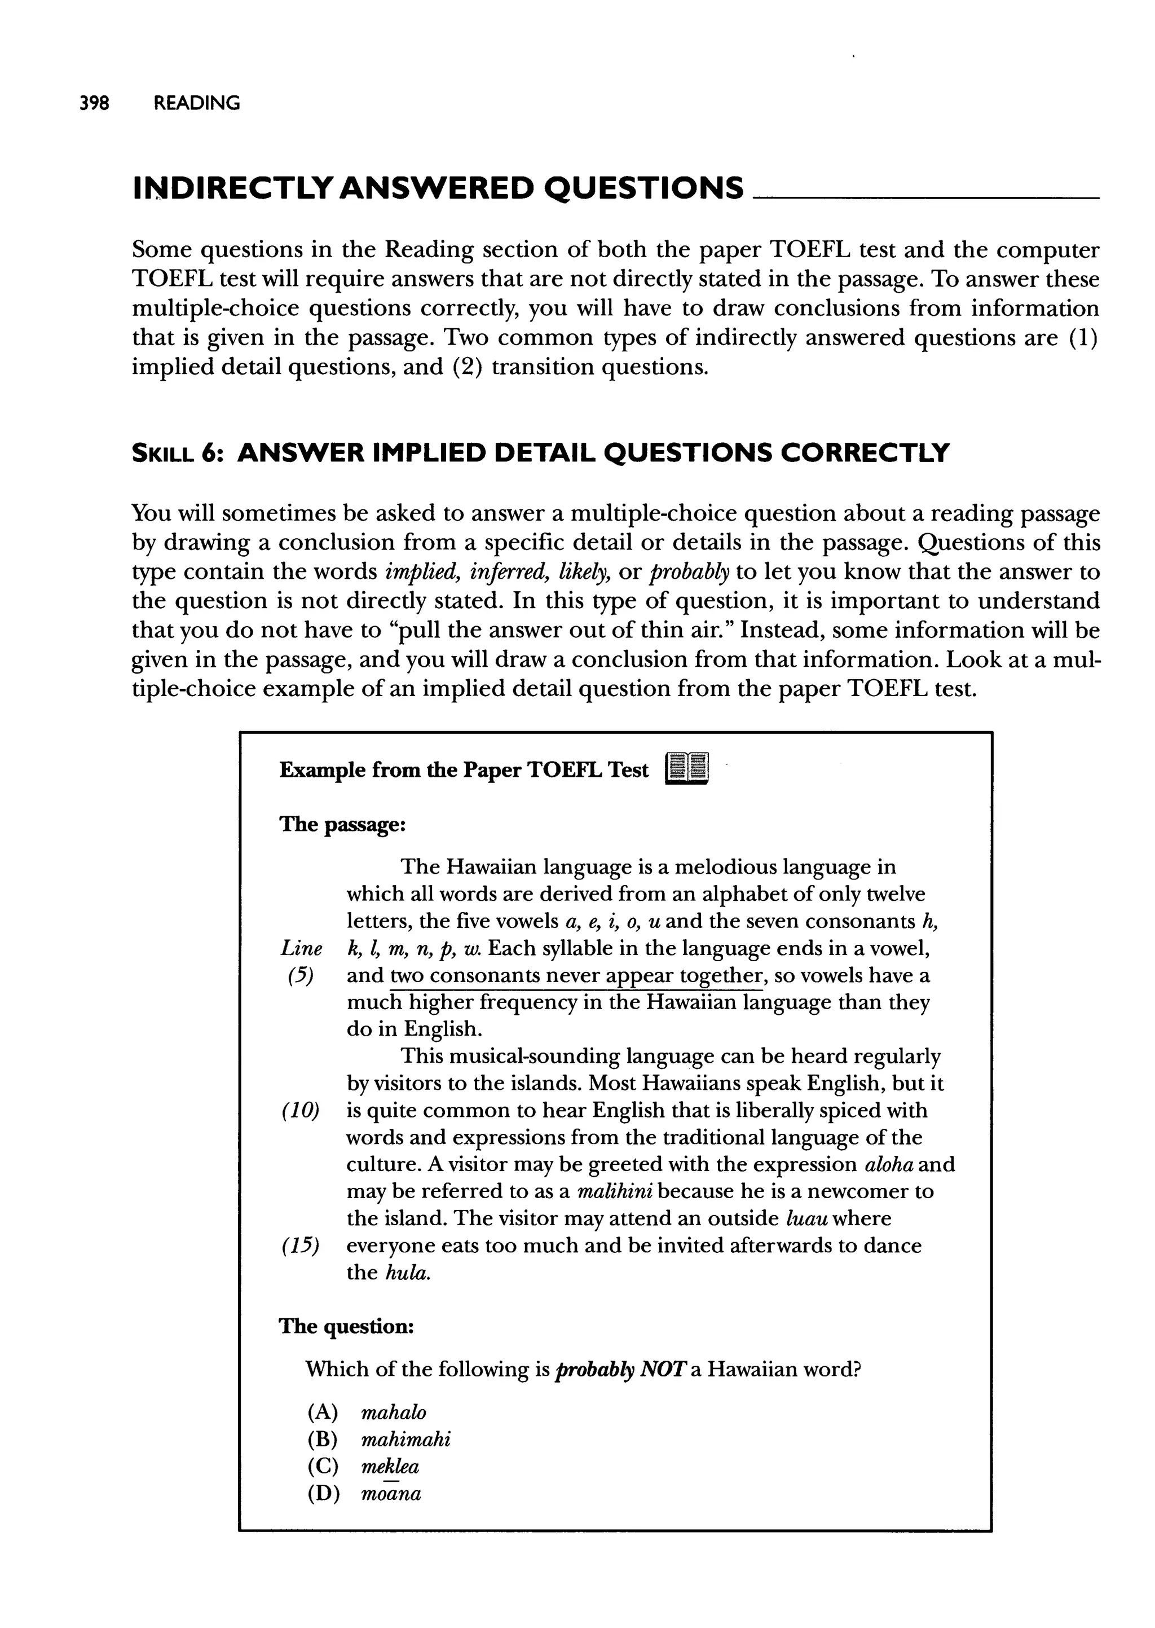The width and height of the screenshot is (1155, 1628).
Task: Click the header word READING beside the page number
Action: click(197, 103)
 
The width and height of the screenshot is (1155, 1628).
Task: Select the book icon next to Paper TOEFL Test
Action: click(687, 769)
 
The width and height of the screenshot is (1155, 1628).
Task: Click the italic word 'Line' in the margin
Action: click(302, 948)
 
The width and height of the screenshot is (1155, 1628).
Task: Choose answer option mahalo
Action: click(393, 1413)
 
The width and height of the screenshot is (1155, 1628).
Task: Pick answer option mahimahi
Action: click(405, 1440)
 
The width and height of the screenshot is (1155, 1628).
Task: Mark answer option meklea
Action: click(390, 1467)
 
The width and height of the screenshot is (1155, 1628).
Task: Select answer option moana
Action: click(391, 1494)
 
